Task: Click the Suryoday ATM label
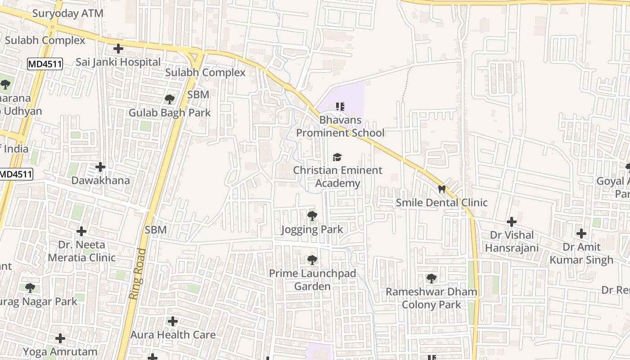(68, 13)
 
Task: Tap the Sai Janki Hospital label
(118, 62)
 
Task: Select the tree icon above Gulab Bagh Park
(170, 99)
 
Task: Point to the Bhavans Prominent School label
(340, 126)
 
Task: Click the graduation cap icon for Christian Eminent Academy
(337, 157)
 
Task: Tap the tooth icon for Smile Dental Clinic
(441, 189)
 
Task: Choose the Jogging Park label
(312, 229)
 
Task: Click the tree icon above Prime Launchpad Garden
(312, 260)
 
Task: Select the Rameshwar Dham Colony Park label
(431, 298)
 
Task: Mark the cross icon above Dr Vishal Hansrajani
(512, 222)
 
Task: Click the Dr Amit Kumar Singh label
(581, 253)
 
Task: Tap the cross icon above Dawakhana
(100, 167)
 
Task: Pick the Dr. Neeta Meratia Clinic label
(81, 251)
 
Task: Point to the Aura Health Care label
(173, 335)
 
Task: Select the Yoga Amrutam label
(60, 351)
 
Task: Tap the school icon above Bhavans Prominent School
(340, 107)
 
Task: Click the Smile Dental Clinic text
(441, 202)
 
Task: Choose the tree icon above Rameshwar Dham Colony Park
(431, 279)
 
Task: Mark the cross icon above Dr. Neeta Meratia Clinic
(81, 231)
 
